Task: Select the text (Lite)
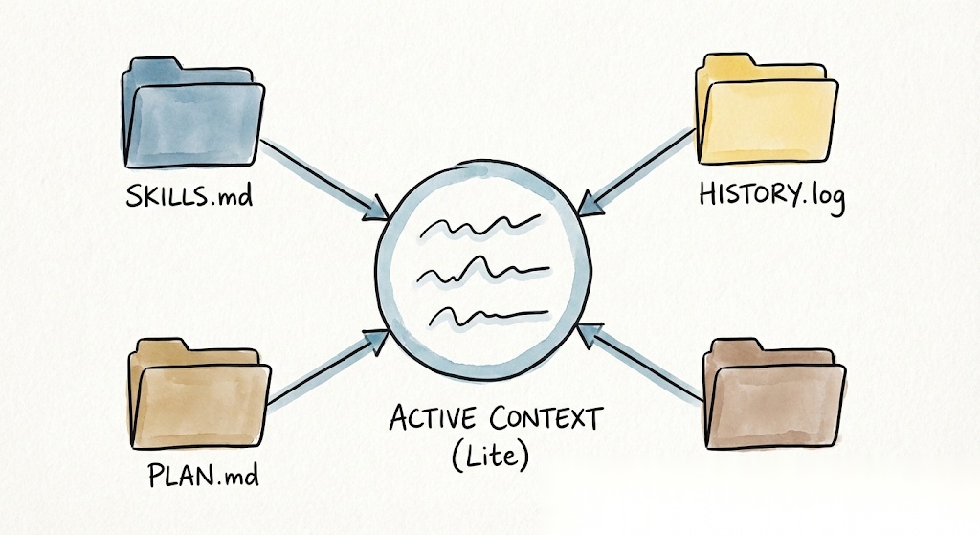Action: pos(490,456)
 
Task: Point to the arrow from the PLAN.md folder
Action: pos(325,368)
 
